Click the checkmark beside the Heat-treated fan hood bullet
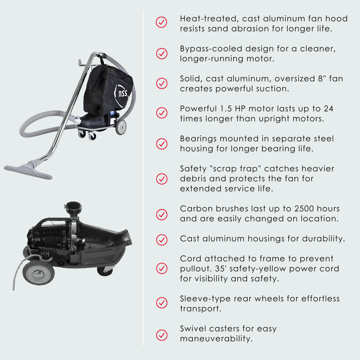click(x=162, y=23)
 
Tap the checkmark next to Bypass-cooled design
click(x=162, y=53)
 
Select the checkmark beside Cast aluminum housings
click(x=162, y=239)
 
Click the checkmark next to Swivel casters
click(x=162, y=334)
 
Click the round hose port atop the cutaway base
click(x=72, y=206)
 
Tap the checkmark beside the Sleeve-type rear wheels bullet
click(x=162, y=303)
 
